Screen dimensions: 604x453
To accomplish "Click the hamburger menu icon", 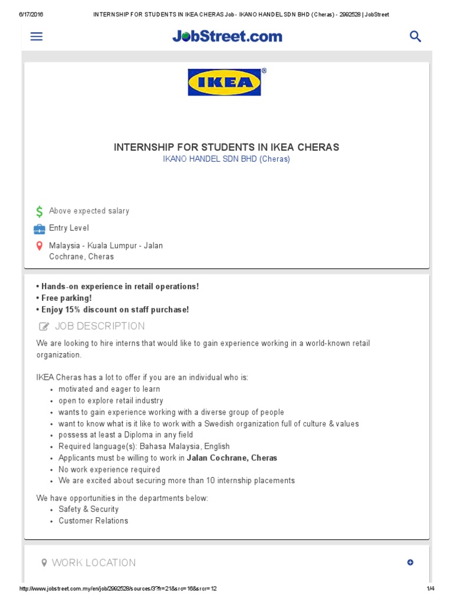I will pyautogui.click(x=37, y=37).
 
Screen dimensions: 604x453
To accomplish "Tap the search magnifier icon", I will pyautogui.click(x=415, y=37).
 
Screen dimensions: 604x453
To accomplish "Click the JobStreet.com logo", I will pyautogui.click(x=227, y=37).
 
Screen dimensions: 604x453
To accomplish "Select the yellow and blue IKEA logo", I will pyautogui.click(x=225, y=82).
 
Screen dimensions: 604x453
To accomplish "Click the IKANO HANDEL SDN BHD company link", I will pyautogui.click(x=226, y=159).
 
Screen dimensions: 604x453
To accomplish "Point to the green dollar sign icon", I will pyautogui.click(x=39, y=211).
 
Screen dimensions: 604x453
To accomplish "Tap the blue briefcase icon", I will pyautogui.click(x=39, y=228).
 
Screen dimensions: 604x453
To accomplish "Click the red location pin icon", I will pyautogui.click(x=39, y=246).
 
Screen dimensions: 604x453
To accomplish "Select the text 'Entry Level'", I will pyautogui.click(x=69, y=228).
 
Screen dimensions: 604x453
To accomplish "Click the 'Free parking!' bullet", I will pyautogui.click(x=66, y=298).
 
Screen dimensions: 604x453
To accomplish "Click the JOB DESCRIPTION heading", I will pyautogui.click(x=100, y=326).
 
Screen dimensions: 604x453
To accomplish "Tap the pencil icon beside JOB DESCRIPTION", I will pyautogui.click(x=44, y=327).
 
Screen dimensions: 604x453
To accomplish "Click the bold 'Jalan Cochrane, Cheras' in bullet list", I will pyautogui.click(x=232, y=458).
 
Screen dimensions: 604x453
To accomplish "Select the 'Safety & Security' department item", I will pyautogui.click(x=88, y=509).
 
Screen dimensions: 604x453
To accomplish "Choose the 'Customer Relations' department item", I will pyautogui.click(x=93, y=521).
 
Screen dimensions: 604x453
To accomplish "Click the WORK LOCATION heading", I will pyautogui.click(x=94, y=563).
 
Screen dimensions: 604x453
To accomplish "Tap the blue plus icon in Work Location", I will pyautogui.click(x=411, y=563).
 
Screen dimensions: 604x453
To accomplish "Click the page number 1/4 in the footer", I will pyautogui.click(x=430, y=589).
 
